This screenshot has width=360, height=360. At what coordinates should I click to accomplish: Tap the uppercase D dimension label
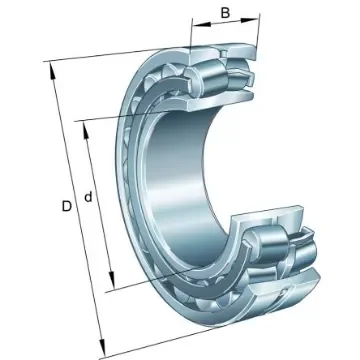pos(65,206)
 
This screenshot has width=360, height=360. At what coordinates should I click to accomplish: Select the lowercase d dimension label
pos(89,198)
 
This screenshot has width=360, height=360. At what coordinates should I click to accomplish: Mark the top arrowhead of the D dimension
pos(49,68)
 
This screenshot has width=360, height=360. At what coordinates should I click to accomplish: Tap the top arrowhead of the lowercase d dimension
pos(83,124)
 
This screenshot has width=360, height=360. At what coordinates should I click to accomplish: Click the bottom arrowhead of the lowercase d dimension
pos(112,285)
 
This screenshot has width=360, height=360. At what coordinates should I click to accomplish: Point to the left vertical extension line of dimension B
pos(193,35)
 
